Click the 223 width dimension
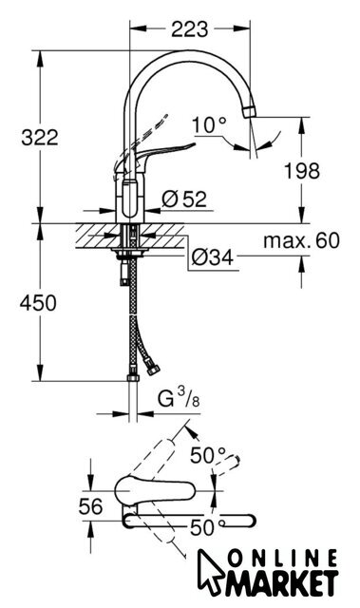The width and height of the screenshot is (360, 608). pos(189,29)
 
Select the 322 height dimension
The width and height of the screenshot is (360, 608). pos(40,138)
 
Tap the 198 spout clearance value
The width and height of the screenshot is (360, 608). pos(302,171)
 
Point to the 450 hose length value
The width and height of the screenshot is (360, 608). pos(38,302)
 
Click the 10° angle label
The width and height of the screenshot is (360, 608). pos(209,125)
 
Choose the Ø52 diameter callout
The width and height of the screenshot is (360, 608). pos(184,199)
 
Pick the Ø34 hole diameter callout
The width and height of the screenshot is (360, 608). pos(213,256)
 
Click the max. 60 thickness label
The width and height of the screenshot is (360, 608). pos(301,240)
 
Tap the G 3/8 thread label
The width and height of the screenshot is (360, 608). pos(179,399)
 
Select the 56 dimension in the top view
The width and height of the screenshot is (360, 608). pos(91,506)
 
